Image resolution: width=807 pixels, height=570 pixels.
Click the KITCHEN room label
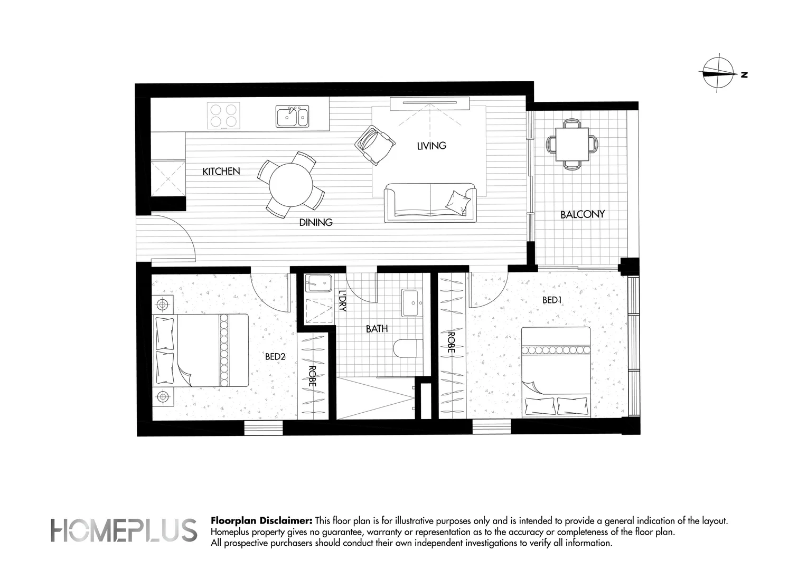coord(221,172)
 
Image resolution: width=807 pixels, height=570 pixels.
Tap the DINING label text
coord(316,223)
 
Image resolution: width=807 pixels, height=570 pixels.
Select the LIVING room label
coord(431,146)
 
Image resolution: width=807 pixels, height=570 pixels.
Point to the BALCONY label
coord(582,215)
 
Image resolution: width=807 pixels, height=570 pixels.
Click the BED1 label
coord(552,300)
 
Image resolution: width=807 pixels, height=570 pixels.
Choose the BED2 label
coord(275,356)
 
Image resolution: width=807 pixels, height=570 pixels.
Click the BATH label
coord(377,329)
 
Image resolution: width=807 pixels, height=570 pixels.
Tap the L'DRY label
coord(343,301)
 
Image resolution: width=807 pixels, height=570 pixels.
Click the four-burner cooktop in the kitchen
coord(223,116)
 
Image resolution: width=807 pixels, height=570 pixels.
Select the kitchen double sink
coord(292,116)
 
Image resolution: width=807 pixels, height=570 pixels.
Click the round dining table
coord(290,185)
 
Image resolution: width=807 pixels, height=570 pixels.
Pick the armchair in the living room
coord(374,145)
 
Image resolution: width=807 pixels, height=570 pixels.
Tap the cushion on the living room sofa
coord(457,203)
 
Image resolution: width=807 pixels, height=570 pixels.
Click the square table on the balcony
coord(572,145)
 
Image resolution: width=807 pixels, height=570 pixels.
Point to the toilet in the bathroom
coord(408,348)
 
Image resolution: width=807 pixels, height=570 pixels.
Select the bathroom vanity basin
coord(412,303)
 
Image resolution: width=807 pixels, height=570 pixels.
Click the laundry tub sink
coord(318,283)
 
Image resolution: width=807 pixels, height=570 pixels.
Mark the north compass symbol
coord(719,73)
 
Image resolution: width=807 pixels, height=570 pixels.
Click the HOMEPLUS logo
coord(124,530)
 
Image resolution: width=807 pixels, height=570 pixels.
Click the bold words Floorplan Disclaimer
coord(261,521)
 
